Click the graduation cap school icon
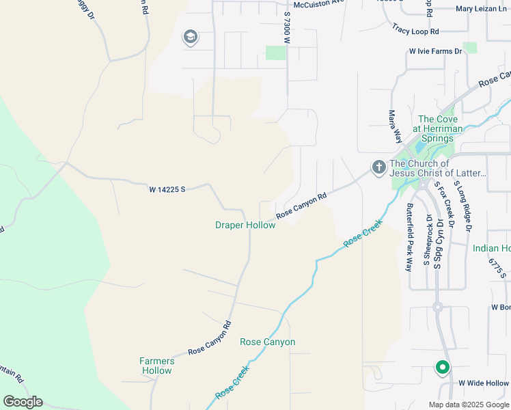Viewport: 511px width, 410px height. [x=191, y=37]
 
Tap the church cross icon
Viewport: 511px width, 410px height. [x=378, y=167]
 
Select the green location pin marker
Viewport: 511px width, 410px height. [x=442, y=368]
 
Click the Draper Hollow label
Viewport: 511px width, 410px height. [x=245, y=225]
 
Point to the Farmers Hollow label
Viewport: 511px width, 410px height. [x=156, y=366]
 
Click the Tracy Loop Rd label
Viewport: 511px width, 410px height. [x=415, y=30]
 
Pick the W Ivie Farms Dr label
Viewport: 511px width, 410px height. [x=434, y=51]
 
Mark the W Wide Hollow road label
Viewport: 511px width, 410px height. [x=484, y=383]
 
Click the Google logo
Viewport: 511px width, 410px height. [x=23, y=402]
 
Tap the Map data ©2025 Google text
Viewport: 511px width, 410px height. [x=468, y=405]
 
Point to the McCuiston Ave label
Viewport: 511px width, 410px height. [x=314, y=3]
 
